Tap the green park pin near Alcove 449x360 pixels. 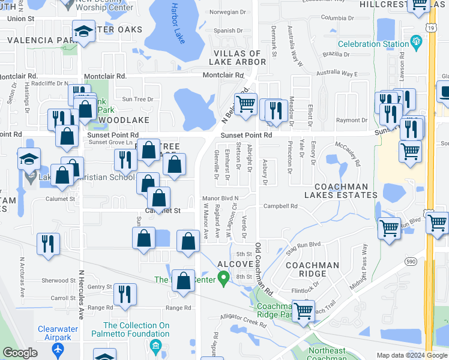point(224,278)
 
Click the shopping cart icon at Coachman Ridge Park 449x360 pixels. point(304,311)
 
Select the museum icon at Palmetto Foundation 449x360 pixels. point(155,346)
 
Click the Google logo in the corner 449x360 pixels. point(20,353)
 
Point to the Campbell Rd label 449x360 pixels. point(280,206)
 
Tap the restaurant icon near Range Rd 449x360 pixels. point(125,295)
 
